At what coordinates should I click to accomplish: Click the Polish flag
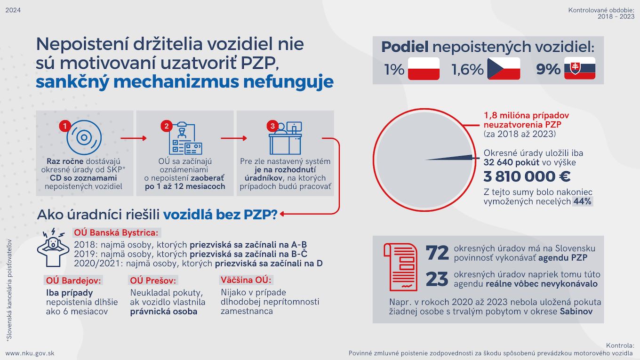click(x=423, y=69)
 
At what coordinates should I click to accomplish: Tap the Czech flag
click(x=504, y=69)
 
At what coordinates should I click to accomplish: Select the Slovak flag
click(x=580, y=69)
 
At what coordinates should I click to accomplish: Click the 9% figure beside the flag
click(x=548, y=70)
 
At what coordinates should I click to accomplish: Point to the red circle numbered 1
click(x=65, y=126)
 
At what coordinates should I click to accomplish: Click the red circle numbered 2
click(x=166, y=126)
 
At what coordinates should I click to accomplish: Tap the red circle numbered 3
click(x=272, y=126)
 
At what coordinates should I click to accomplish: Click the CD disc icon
click(x=84, y=137)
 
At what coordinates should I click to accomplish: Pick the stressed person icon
click(x=53, y=248)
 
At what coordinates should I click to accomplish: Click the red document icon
click(x=400, y=266)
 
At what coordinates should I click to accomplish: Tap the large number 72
click(x=437, y=253)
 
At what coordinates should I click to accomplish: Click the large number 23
click(x=437, y=279)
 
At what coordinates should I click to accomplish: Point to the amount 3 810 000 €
click(x=527, y=176)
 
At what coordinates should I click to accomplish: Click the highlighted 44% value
click(x=583, y=201)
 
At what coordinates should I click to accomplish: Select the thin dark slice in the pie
click(x=452, y=158)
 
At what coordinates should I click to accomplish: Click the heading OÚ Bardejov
click(x=73, y=280)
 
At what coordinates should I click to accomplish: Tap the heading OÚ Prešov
click(x=153, y=280)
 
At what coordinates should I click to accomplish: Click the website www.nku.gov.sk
click(x=30, y=353)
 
